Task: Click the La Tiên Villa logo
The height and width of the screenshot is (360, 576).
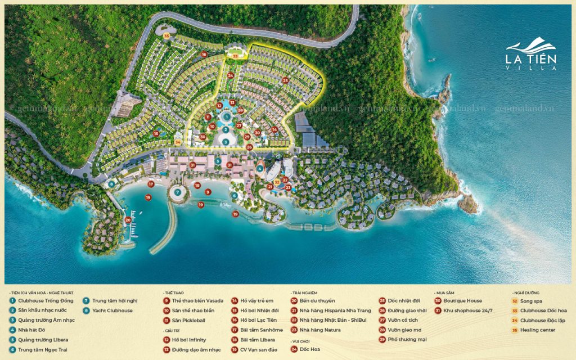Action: (532, 54)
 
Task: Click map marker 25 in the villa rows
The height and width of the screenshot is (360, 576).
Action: (285, 80)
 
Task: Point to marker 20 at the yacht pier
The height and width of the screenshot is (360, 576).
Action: (128, 220)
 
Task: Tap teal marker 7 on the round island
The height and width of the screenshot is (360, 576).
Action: (178, 192)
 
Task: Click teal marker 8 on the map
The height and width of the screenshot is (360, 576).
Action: (112, 184)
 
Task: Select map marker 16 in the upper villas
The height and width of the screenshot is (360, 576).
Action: (204, 55)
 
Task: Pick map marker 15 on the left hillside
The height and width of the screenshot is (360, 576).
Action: (156, 133)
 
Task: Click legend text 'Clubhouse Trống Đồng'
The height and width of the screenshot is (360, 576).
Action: (44, 301)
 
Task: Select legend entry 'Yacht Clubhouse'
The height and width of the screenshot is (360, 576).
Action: (112, 310)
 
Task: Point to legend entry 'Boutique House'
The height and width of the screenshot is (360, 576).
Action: (462, 301)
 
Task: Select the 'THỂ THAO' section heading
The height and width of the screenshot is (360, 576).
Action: (174, 293)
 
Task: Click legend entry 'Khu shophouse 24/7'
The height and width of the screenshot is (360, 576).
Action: (467, 310)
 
